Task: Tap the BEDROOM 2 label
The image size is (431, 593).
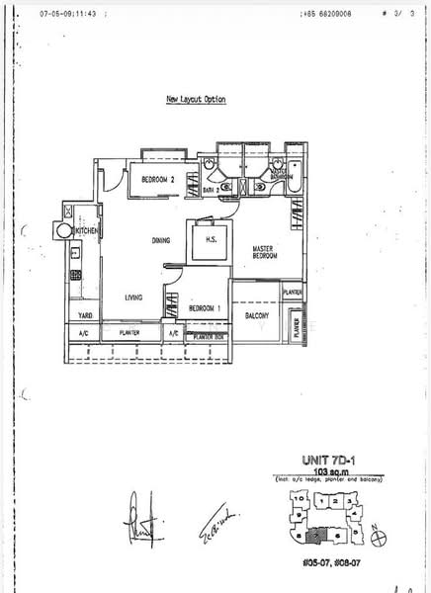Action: click(157, 180)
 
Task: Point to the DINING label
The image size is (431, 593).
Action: click(161, 240)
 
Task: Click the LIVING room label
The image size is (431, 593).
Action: click(135, 296)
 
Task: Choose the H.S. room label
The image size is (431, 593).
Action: click(211, 240)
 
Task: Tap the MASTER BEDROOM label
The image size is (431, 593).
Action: click(264, 252)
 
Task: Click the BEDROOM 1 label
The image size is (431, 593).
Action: click(205, 309)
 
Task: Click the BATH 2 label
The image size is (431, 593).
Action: click(210, 189)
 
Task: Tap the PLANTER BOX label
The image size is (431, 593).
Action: click(210, 337)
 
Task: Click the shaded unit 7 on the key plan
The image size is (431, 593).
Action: click(315, 537)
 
